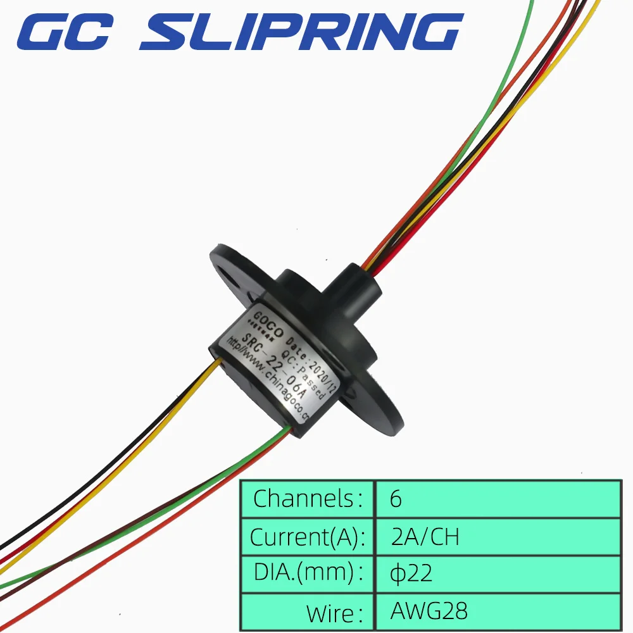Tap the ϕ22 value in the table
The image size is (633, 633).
pyautogui.click(x=411, y=573)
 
